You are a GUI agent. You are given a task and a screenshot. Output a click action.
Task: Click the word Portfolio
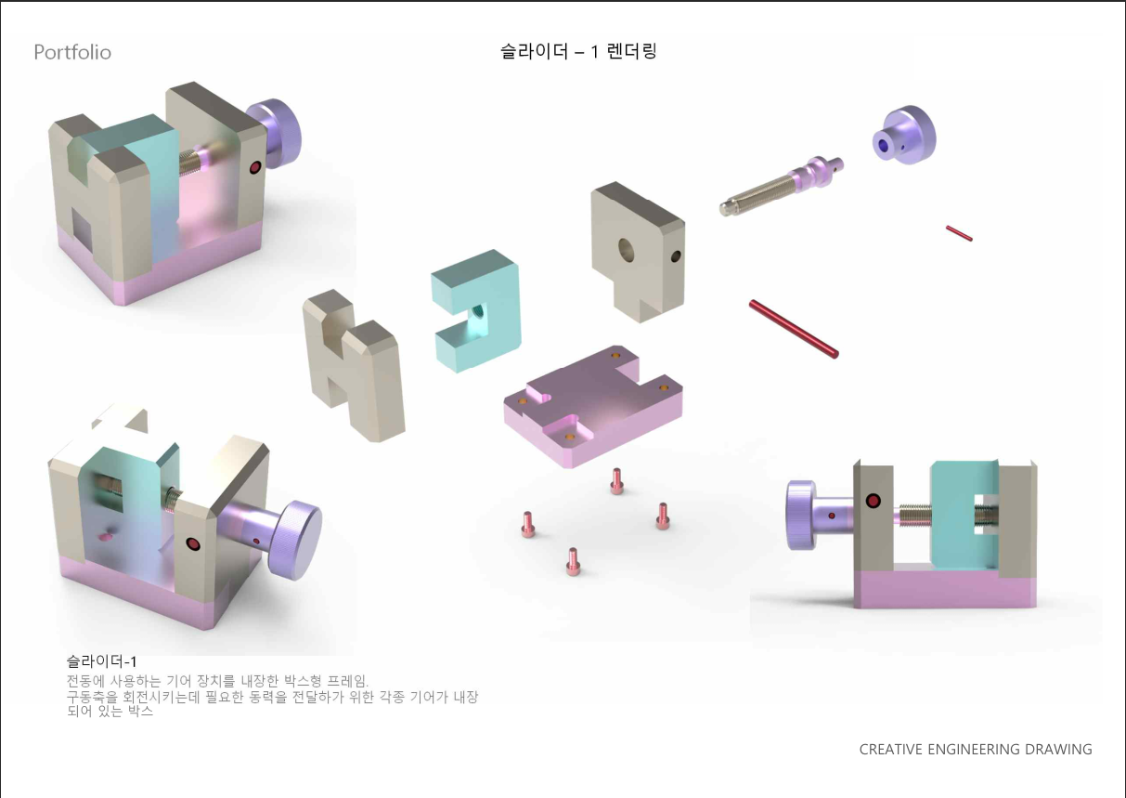(72, 52)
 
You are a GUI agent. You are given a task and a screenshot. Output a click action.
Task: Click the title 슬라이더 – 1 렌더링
(578, 51)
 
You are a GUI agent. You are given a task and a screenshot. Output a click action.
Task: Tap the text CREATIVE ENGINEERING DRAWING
(976, 749)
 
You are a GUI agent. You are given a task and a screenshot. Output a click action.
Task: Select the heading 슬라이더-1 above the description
(101, 661)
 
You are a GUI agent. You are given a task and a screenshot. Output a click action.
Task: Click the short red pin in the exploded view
(959, 233)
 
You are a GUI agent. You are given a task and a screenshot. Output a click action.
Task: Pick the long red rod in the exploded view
(794, 329)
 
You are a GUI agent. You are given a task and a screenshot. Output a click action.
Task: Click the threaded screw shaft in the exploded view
(782, 186)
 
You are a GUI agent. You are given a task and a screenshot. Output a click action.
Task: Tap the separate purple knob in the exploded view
(904, 135)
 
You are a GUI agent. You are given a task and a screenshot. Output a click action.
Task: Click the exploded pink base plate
(593, 406)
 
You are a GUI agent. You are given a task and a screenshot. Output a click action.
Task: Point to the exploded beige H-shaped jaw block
(354, 366)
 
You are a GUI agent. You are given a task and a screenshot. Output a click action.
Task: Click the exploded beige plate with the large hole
(638, 252)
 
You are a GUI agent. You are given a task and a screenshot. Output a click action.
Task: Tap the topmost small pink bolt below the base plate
(616, 481)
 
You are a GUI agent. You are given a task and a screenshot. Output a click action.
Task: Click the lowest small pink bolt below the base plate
(573, 561)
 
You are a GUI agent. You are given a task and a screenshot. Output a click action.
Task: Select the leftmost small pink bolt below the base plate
(528, 524)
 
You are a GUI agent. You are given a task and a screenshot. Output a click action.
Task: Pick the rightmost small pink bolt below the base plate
(663, 516)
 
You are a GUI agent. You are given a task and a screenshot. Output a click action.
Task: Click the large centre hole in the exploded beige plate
(626, 250)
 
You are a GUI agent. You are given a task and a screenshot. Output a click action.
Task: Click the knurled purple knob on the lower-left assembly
(295, 540)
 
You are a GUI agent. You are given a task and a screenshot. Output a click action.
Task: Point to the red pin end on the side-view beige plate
(874, 501)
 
